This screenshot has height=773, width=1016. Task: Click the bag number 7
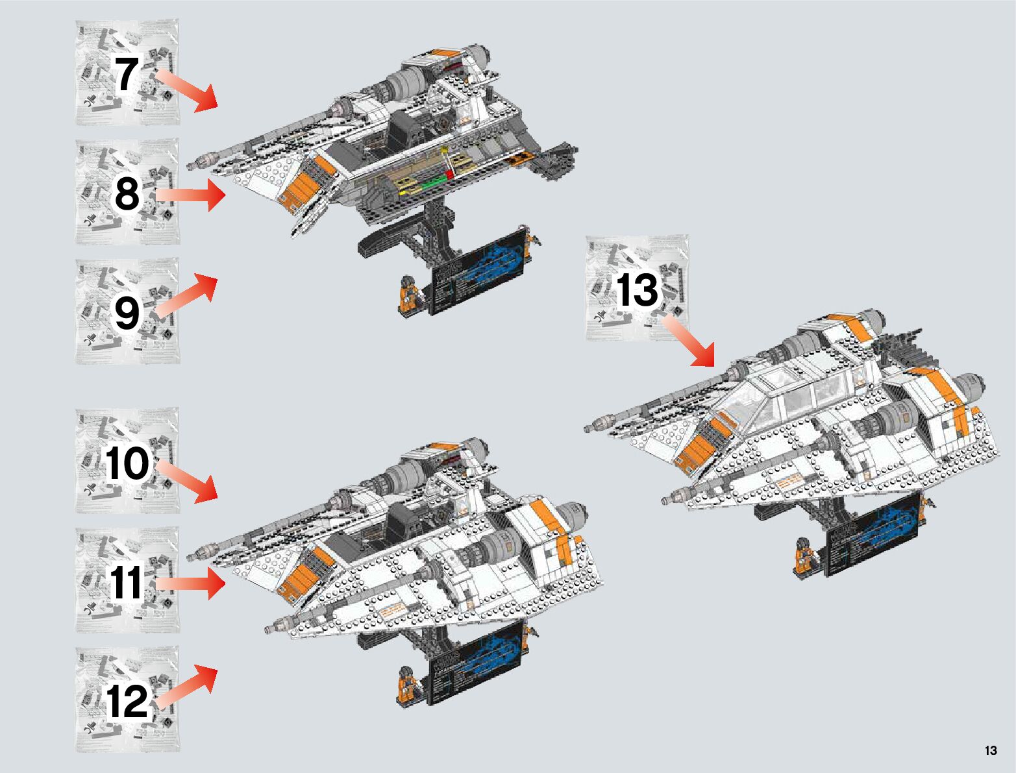pyautogui.click(x=127, y=73)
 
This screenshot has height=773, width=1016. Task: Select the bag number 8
pyautogui.click(x=127, y=193)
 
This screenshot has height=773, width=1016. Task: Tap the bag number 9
pyautogui.click(x=127, y=313)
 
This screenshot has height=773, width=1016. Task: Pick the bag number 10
pyautogui.click(x=128, y=463)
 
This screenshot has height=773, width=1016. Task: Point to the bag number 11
pyautogui.click(x=127, y=582)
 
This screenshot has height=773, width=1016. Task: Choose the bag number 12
pyautogui.click(x=128, y=701)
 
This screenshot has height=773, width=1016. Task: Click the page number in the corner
pyautogui.click(x=990, y=751)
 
